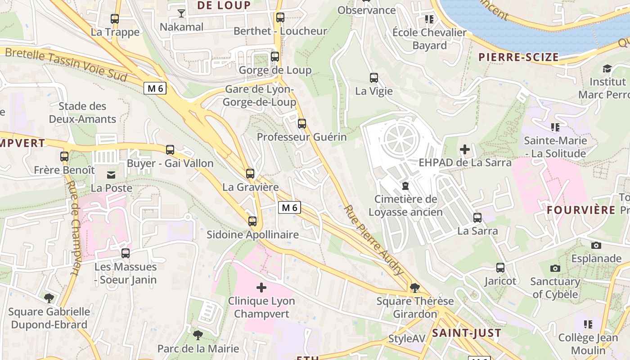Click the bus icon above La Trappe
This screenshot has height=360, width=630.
[x=115, y=19]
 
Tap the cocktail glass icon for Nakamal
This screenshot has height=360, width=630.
[x=181, y=13]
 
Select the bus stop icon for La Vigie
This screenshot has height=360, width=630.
[x=373, y=78]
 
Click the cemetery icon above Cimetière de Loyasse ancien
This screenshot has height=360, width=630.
[x=405, y=185]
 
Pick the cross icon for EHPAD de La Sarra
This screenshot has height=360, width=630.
[x=465, y=149]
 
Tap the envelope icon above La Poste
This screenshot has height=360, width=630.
[x=111, y=175]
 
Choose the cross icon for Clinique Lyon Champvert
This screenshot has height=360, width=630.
[x=261, y=288]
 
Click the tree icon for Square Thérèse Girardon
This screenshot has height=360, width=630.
[x=414, y=288]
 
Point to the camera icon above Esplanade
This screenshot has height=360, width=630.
[x=596, y=245]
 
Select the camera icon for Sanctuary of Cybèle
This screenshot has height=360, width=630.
[x=555, y=268]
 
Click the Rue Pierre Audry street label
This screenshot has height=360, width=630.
[x=373, y=239]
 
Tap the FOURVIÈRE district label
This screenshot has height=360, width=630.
[x=581, y=210]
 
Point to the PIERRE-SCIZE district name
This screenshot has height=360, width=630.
[x=518, y=57]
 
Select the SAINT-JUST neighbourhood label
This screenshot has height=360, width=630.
[x=467, y=333]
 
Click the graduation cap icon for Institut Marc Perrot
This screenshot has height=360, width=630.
[x=607, y=68]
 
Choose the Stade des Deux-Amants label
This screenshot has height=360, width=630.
[x=82, y=112]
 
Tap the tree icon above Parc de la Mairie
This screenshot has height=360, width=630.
[x=198, y=335]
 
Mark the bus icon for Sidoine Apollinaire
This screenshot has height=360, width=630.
[x=252, y=221]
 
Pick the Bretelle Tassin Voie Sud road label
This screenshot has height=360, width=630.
[x=66, y=63]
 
